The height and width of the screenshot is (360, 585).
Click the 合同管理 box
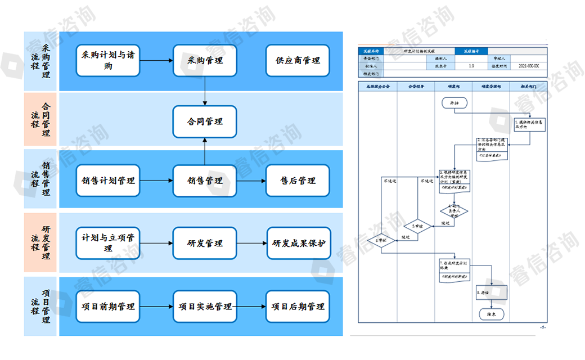click(205, 121)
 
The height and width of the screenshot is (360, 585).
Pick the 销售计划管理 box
click(108, 181)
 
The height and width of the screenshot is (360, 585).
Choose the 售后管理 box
click(298, 181)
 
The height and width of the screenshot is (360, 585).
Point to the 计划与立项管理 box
click(108, 243)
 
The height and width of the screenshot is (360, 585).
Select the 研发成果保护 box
click(298, 243)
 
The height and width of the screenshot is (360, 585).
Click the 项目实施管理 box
click(205, 307)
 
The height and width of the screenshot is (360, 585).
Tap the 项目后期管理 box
click(298, 307)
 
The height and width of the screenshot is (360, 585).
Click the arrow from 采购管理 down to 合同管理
click(205, 91)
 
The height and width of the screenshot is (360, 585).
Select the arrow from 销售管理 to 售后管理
click(251, 181)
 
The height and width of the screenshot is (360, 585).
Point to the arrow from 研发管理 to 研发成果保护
click(251, 243)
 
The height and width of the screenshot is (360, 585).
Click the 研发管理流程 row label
click(40, 243)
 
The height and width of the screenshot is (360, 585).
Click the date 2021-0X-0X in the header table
click(528, 66)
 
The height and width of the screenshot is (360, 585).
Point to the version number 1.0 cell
click(471, 66)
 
